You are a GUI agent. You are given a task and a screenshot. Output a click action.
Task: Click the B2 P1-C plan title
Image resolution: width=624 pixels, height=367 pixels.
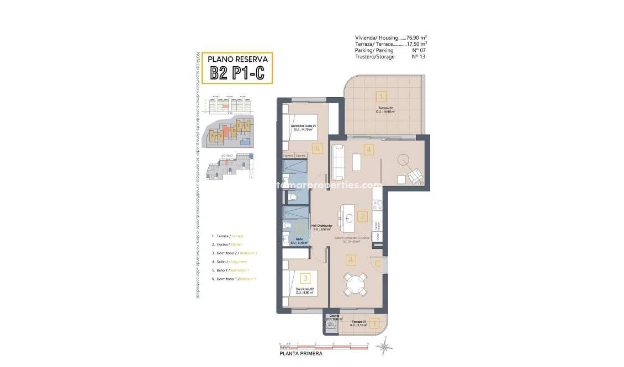(x=238, y=73)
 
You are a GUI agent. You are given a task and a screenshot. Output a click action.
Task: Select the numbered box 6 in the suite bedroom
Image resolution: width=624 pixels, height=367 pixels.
(x=316, y=148)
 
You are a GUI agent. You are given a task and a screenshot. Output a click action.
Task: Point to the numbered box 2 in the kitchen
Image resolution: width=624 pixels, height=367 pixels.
(x=362, y=216)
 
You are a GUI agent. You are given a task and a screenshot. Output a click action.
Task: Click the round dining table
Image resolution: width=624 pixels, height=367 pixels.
(x=352, y=285)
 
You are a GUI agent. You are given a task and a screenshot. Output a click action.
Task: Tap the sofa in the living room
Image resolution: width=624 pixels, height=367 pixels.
(x=337, y=159)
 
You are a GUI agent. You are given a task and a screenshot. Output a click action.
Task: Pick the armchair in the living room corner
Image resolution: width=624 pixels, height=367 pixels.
(x=415, y=176)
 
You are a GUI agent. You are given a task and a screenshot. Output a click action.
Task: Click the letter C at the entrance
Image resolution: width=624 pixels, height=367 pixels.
(x=377, y=264)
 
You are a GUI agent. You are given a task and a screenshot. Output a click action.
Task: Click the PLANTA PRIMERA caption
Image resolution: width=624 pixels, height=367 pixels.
(x=301, y=354)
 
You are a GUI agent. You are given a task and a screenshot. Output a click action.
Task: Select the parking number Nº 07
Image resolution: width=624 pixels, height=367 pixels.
(x=418, y=50)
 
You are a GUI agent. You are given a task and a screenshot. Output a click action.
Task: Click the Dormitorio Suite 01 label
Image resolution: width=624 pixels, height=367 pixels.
(x=303, y=127)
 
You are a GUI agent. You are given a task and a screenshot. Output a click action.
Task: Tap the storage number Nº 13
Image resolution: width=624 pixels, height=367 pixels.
(x=418, y=57)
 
